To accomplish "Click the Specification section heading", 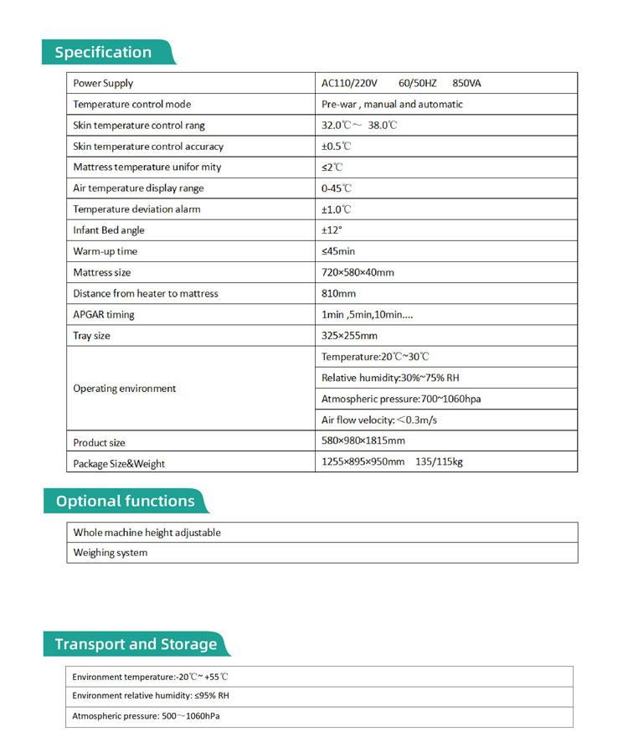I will [x=103, y=52].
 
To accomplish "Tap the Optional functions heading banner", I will [x=125, y=501].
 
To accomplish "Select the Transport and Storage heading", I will [x=136, y=644].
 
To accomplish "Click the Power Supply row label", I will [x=103, y=83].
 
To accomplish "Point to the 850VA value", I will [x=466, y=83].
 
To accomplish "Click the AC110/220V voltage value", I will [x=350, y=83].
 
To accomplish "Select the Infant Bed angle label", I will [x=109, y=230].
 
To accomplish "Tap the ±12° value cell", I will [x=332, y=230].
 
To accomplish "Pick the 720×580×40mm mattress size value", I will [x=358, y=272].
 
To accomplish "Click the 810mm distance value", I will [x=338, y=293].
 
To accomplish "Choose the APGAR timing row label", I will [x=104, y=315].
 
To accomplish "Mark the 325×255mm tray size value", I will [x=350, y=336].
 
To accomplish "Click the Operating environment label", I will [x=125, y=389].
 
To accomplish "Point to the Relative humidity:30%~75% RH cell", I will [x=390, y=378].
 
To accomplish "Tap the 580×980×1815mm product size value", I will [x=363, y=441].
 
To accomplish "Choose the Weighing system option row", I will [x=111, y=553].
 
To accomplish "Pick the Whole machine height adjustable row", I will [x=147, y=533].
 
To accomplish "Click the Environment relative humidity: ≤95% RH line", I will [x=151, y=696].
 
